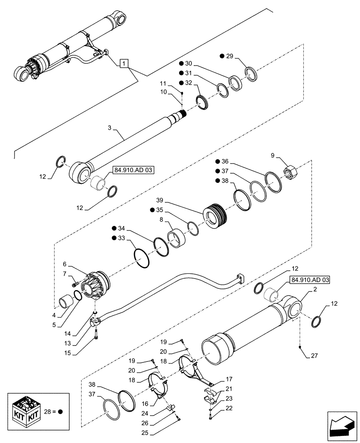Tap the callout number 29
[230, 56]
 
